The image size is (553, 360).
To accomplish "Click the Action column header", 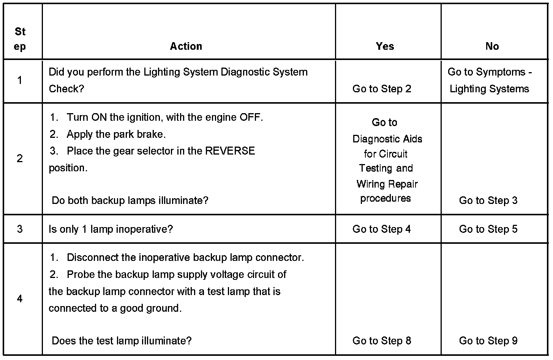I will tap(186, 46).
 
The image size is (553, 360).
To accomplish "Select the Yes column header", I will tap(385, 46).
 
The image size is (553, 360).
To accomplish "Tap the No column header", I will tap(492, 46).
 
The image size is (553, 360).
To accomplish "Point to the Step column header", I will tap(20, 39).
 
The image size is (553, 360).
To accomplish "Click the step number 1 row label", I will tap(20, 80).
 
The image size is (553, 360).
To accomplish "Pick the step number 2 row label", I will tap(20, 158).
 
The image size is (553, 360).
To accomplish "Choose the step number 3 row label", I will tap(20, 229).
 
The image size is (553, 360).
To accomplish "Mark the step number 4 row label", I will tap(20, 299).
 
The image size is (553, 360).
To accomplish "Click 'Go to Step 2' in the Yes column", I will tap(382, 89).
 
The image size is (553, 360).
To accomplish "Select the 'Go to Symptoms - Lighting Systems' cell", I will tap(490, 80).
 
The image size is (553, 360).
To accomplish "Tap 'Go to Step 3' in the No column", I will tap(488, 201).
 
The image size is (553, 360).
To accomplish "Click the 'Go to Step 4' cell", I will tap(382, 229).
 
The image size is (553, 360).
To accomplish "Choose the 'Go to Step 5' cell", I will tap(488, 229).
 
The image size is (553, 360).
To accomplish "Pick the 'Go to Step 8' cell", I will tap(382, 341).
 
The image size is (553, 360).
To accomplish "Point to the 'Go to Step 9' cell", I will tap(488, 341).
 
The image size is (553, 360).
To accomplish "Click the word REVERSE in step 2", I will tap(230, 151).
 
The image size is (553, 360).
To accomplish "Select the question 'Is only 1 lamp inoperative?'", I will tap(111, 229).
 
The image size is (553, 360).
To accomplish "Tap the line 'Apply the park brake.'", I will tap(116, 134).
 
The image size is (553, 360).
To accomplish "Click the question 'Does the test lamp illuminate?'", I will tap(122, 341).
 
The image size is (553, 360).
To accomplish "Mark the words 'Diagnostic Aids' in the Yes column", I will tap(387, 139).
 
